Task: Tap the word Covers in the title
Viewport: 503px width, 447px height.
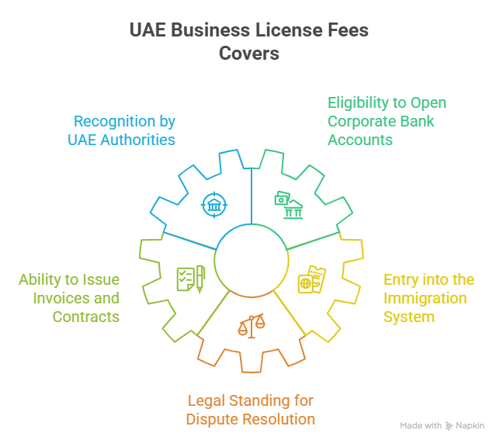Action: (x=248, y=54)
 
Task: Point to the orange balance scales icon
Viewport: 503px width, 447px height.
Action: (x=251, y=324)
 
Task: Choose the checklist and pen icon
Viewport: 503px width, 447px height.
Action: (x=190, y=278)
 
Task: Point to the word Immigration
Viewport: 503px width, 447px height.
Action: (x=425, y=298)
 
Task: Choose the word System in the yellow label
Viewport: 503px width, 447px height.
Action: (x=409, y=317)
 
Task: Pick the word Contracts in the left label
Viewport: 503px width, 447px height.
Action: (x=86, y=317)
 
